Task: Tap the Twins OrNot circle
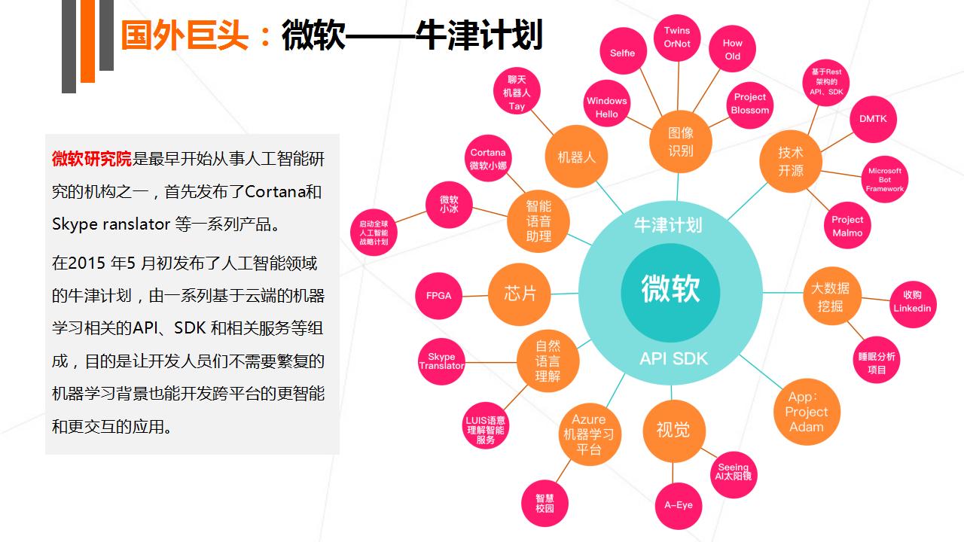(x=677, y=38)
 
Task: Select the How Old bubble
(x=732, y=49)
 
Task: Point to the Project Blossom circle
(x=749, y=105)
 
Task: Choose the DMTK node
(x=873, y=119)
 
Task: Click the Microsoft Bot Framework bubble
(x=885, y=179)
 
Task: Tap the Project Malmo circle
(x=847, y=225)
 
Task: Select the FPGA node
(x=438, y=296)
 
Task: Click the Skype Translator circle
(x=441, y=361)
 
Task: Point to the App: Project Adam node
(x=807, y=412)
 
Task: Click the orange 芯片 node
(x=520, y=294)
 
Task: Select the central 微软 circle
(x=670, y=292)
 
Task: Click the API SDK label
(x=673, y=359)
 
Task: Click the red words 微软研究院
(x=92, y=159)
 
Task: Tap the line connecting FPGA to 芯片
(x=475, y=296)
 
